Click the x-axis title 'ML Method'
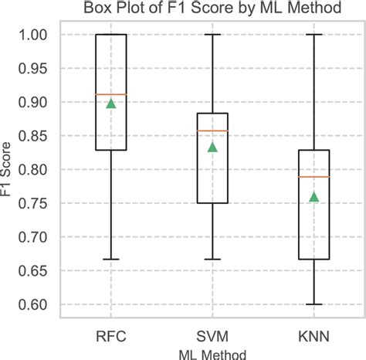[212, 353]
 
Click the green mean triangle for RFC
[111, 104]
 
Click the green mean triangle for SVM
[212, 147]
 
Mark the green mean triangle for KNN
[313, 197]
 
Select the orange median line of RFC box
[111, 94]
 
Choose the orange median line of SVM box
[212, 131]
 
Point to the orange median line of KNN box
[313, 177]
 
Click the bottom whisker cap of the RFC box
[111, 260]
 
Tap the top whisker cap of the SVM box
[212, 35]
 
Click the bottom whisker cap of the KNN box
[313, 304]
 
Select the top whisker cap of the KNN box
[313, 35]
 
